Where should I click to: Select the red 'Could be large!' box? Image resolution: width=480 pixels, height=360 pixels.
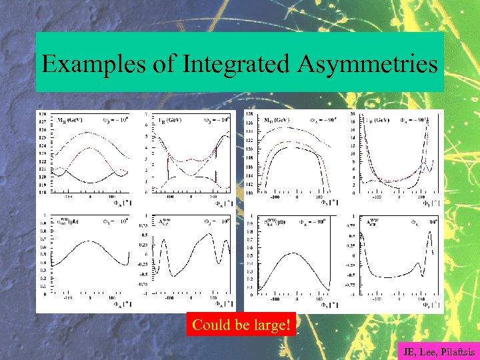[241, 325]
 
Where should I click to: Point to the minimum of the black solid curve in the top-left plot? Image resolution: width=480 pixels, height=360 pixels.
[90, 182]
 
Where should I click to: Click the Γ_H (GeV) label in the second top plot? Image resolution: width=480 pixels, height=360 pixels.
[172, 121]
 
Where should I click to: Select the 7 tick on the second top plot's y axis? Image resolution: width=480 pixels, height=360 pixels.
[146, 114]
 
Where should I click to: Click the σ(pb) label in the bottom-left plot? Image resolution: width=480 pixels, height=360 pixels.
[69, 222]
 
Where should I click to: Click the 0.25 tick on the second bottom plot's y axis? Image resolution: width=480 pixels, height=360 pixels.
[143, 249]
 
